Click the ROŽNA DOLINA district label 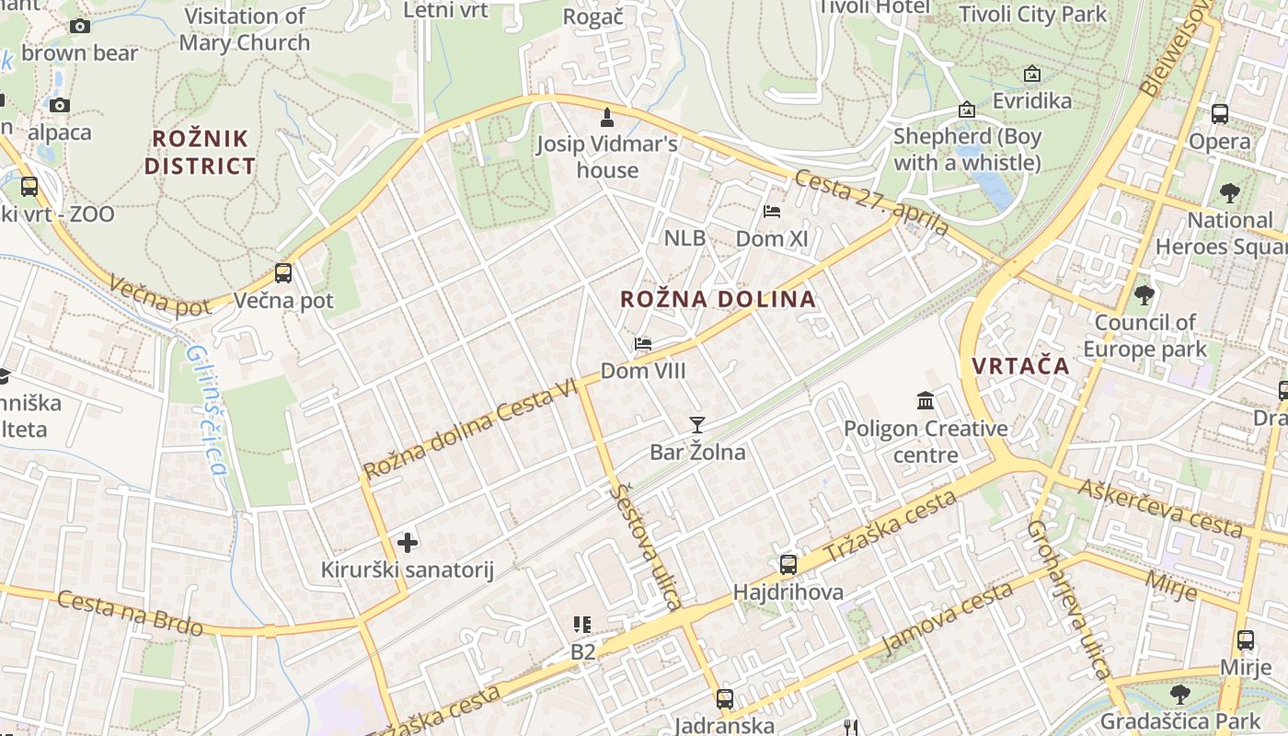pyautogui.click(x=718, y=299)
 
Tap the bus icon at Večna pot pyautogui.click(x=283, y=273)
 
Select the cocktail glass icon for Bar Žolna pyautogui.click(x=697, y=424)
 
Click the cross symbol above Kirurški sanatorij pyautogui.click(x=408, y=543)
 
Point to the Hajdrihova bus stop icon pyautogui.click(x=788, y=565)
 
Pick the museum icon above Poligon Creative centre pyautogui.click(x=926, y=401)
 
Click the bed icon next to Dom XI pyautogui.click(x=772, y=212)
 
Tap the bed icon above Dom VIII pyautogui.click(x=643, y=344)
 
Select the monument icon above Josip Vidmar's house pyautogui.click(x=607, y=117)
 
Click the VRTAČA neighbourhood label pyautogui.click(x=1021, y=365)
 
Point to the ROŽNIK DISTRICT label pyautogui.click(x=200, y=153)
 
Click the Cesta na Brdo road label pyautogui.click(x=130, y=614)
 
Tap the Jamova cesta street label pyautogui.click(x=947, y=619)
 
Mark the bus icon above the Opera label pyautogui.click(x=1220, y=114)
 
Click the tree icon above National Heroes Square pyautogui.click(x=1229, y=193)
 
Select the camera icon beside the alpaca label pyautogui.click(x=60, y=105)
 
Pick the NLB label pyautogui.click(x=684, y=238)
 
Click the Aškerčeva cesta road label pyautogui.click(x=1162, y=507)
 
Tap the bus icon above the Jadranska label pyautogui.click(x=725, y=699)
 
